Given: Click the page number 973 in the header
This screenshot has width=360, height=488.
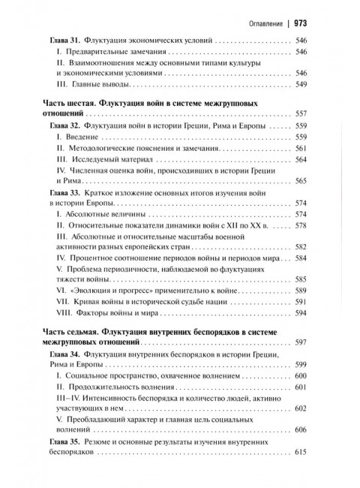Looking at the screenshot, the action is click(301, 22).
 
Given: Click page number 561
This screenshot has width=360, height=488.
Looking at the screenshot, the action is click(301, 149).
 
